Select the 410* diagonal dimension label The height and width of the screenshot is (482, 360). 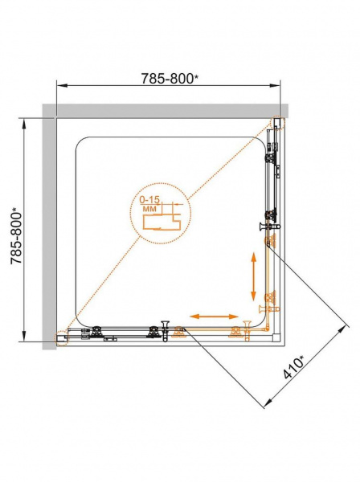click(x=293, y=366)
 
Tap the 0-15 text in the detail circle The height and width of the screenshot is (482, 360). click(x=149, y=200)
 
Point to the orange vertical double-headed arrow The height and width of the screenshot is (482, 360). click(x=253, y=276)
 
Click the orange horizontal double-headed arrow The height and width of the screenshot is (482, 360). click(x=214, y=317)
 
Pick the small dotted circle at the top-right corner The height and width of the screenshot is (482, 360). click(x=278, y=124)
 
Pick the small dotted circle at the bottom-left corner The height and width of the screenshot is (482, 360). click(x=62, y=338)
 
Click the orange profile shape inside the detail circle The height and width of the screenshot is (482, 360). click(x=162, y=220)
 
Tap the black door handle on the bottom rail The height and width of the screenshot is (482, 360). click(x=165, y=331)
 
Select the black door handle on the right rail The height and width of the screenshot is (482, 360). click(x=269, y=227)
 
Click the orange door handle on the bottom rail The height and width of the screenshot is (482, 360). click(x=246, y=331)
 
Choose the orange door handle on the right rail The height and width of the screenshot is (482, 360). click(x=269, y=308)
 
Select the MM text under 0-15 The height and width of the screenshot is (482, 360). click(x=149, y=208)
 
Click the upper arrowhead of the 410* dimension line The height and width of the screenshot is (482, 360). click(x=345, y=330)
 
